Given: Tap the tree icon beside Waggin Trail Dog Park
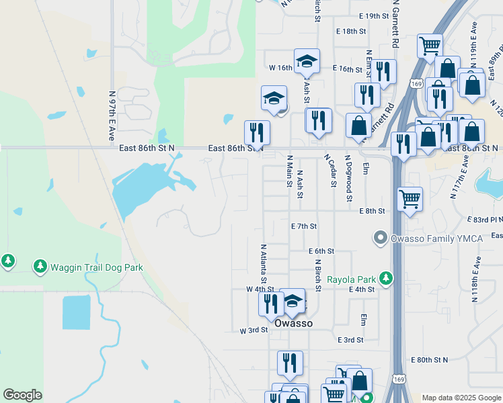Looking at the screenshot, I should [40, 267].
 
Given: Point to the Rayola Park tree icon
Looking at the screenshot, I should [385, 277].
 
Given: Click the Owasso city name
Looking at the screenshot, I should [294, 323].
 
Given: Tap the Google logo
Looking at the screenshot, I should [22, 395].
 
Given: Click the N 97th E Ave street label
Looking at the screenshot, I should [112, 116].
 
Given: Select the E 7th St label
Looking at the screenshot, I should [303, 227].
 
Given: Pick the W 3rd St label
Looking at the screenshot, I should [254, 330].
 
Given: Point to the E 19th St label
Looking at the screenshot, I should [374, 15].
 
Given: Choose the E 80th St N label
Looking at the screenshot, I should [429, 360].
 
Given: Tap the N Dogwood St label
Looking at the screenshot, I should [349, 178].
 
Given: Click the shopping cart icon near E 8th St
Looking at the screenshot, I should [410, 198].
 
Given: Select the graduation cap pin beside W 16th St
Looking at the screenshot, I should [307, 61].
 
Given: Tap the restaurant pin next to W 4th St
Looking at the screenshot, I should [271, 302].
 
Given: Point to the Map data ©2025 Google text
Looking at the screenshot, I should [461, 398].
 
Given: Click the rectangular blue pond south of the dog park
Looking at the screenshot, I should [76, 312].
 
